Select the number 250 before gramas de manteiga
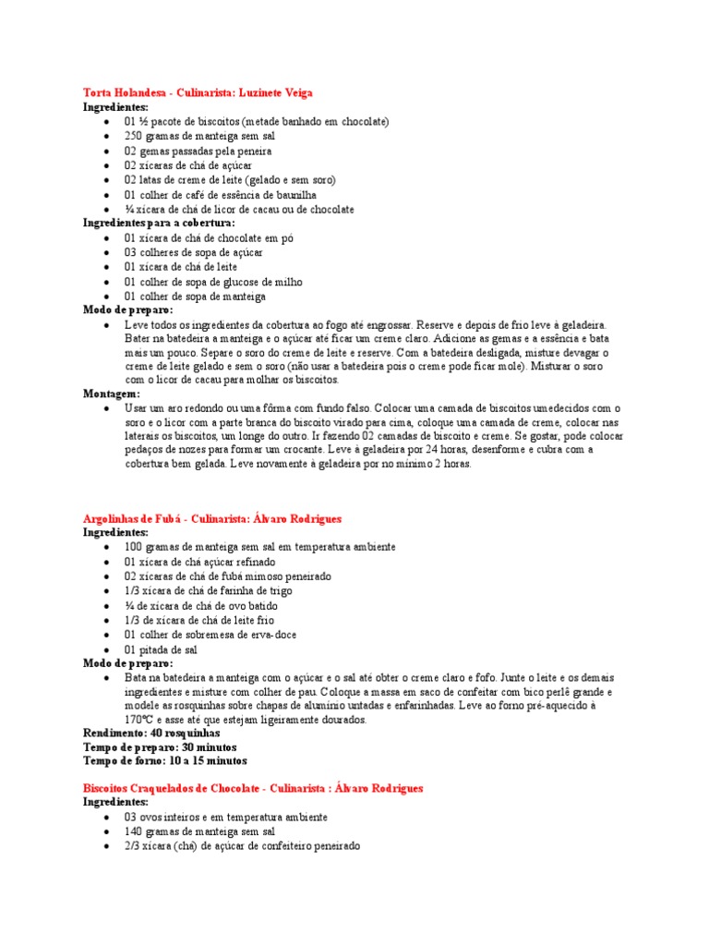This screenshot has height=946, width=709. pyautogui.click(x=134, y=136)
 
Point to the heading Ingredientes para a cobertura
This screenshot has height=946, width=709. pyautogui.click(x=159, y=223)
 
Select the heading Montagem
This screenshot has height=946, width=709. pyautogui.click(x=112, y=393)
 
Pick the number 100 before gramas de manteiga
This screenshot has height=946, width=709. pyautogui.click(x=134, y=547)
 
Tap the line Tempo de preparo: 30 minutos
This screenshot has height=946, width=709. pyautogui.click(x=160, y=746)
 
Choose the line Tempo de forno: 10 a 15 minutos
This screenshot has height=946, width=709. pyautogui.click(x=165, y=760)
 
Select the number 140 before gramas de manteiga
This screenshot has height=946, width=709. pyautogui.click(x=134, y=831)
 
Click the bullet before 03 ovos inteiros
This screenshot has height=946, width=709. pyautogui.click(x=108, y=818)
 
